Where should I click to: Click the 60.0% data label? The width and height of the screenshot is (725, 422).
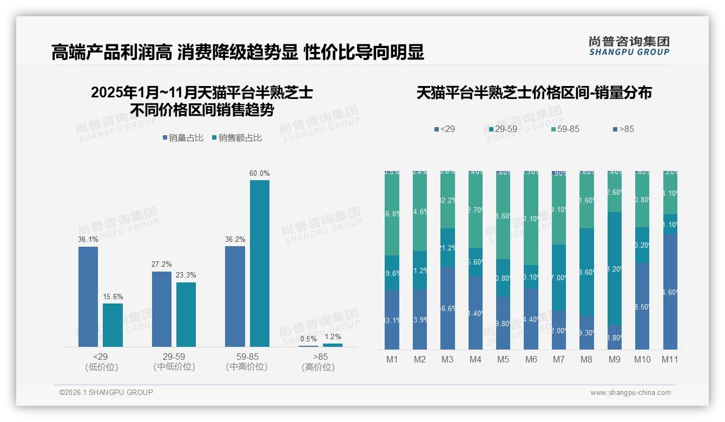[259, 174]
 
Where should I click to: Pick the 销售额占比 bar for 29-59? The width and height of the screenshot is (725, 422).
[186, 314]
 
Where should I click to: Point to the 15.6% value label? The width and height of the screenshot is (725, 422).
[113, 296]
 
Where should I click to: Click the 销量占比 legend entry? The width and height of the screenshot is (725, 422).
[183, 138]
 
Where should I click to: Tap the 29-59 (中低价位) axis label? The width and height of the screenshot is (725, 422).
[174, 362]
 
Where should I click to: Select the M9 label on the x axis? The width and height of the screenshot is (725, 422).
[615, 359]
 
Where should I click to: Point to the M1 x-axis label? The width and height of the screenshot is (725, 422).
[392, 359]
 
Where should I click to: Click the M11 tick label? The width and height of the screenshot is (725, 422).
[670, 359]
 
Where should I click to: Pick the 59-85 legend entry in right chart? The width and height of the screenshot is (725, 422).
[565, 129]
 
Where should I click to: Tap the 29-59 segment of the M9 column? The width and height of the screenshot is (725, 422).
[615, 268]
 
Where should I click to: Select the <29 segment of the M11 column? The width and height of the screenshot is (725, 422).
[670, 292]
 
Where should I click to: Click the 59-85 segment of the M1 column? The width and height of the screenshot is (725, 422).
[392, 213]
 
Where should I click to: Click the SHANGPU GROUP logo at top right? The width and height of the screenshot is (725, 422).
[629, 46]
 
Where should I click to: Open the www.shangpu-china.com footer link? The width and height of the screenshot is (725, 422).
[630, 393]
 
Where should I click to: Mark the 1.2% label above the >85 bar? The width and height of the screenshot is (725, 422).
[332, 337]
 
